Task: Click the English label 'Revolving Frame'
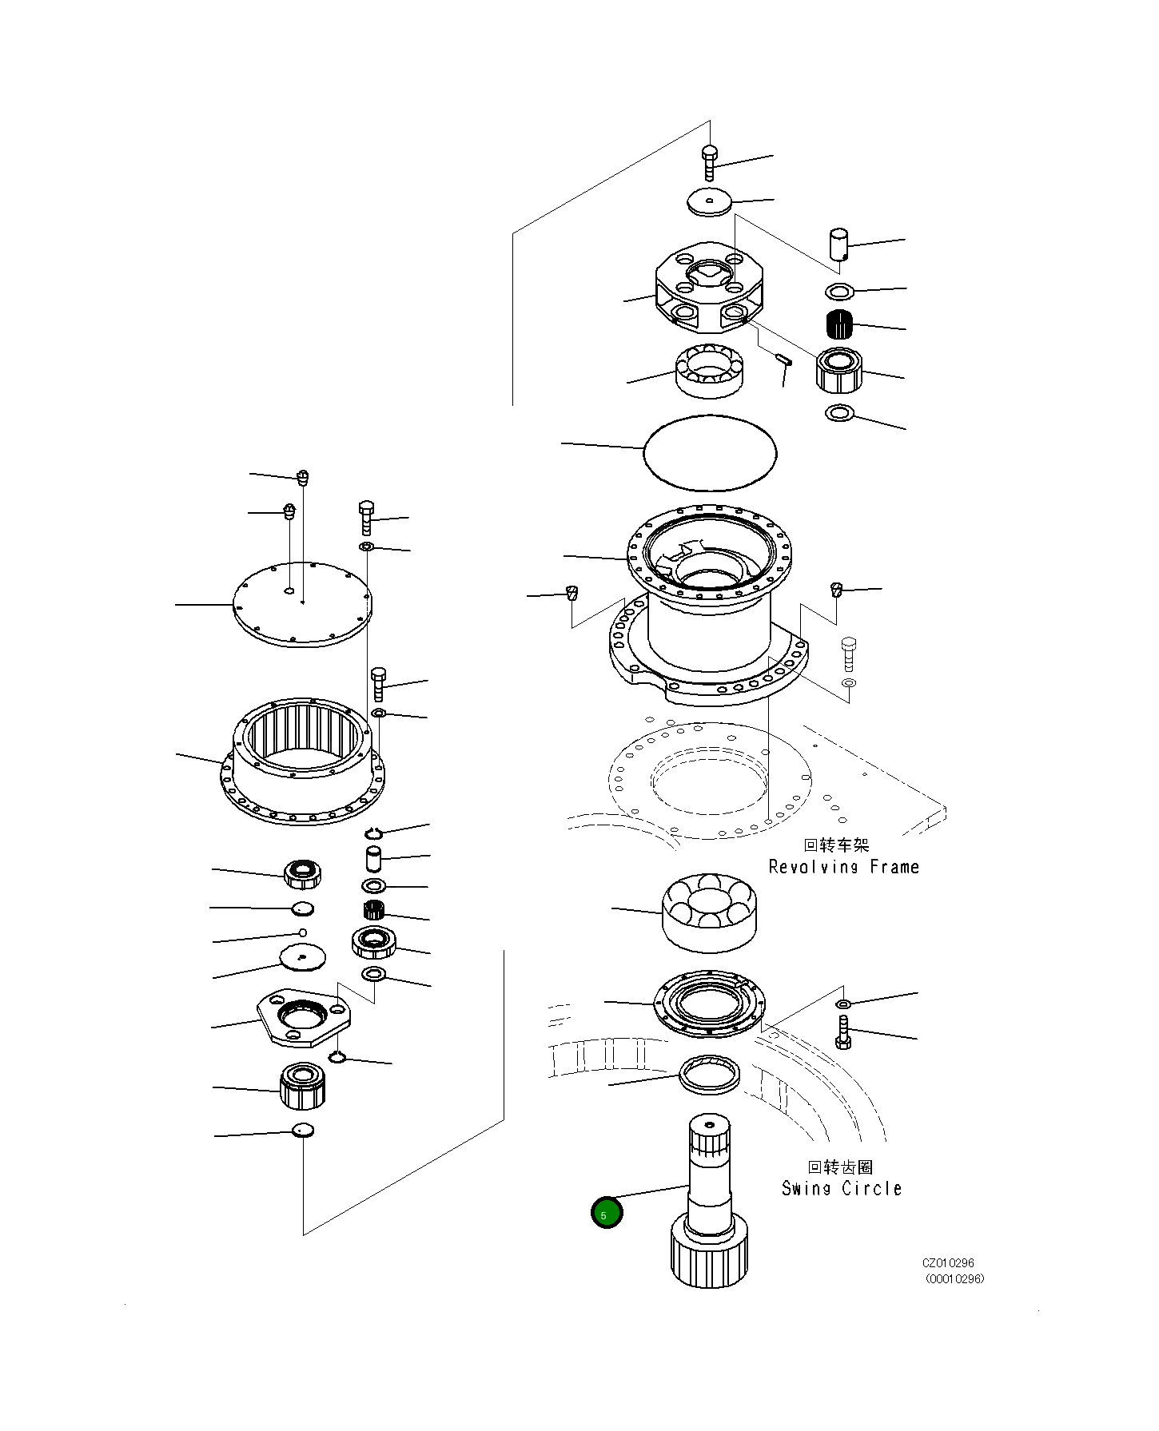pyautogui.click(x=843, y=867)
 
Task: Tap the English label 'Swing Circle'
pyautogui.click(x=842, y=1188)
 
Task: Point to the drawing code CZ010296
pyautogui.click(x=948, y=1263)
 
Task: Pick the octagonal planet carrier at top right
pyautogui.click(x=710, y=288)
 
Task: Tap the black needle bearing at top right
pyautogui.click(x=839, y=324)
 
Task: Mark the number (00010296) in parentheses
pyautogui.click(x=954, y=1278)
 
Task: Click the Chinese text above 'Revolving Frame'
pyautogui.click(x=836, y=845)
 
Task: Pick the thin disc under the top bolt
pyautogui.click(x=709, y=201)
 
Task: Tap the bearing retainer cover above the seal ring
pyautogui.click(x=710, y=1004)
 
